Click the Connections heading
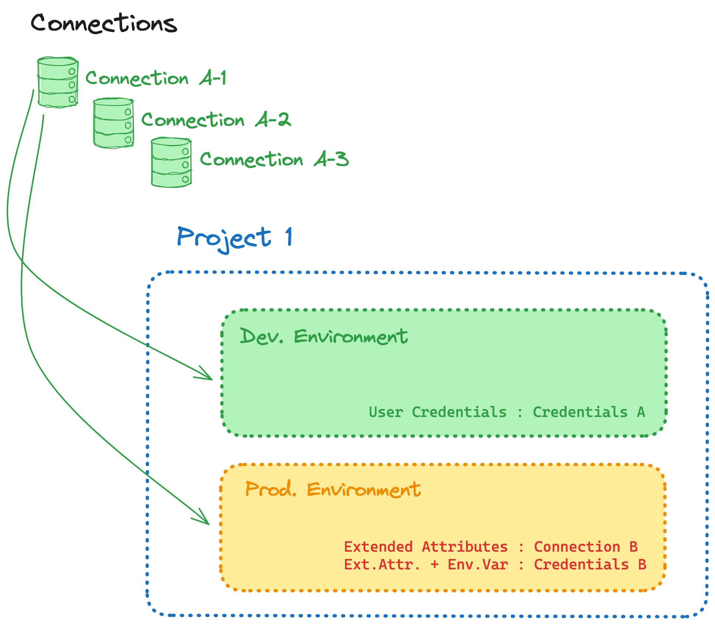(104, 23)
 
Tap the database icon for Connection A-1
(58, 82)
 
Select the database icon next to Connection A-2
(113, 123)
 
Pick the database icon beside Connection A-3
(171, 162)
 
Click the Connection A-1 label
(156, 78)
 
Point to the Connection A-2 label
(216, 120)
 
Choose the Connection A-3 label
(274, 159)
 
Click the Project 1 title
(235, 238)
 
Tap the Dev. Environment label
(324, 337)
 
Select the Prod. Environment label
(333, 490)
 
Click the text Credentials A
(589, 412)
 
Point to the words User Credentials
(438, 412)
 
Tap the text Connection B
(586, 547)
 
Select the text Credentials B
(590, 564)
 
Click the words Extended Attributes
(426, 547)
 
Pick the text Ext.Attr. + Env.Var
(426, 564)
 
